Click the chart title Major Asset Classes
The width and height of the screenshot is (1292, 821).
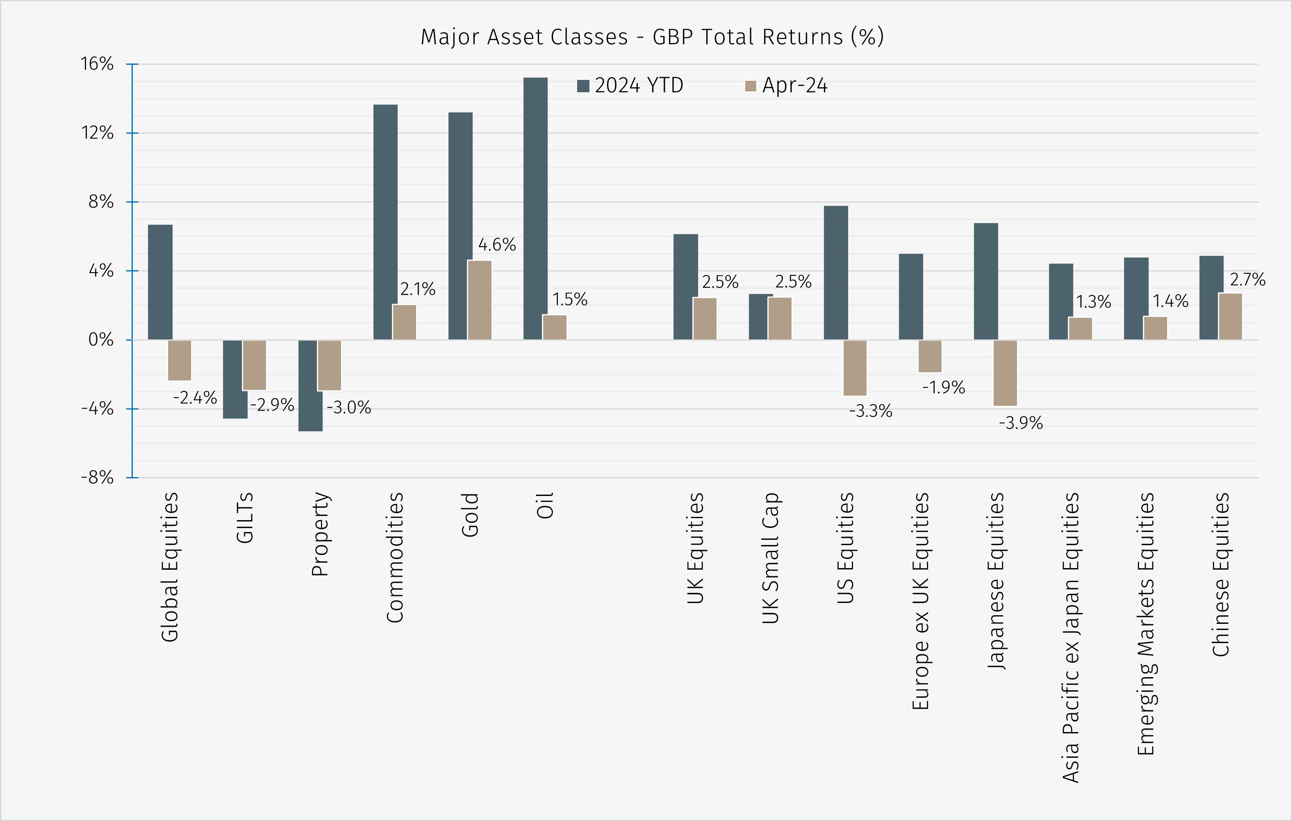coord(651,37)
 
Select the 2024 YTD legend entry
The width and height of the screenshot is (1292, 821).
coord(630,85)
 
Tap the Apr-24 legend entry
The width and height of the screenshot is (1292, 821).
coord(787,85)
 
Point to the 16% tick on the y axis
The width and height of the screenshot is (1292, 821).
coord(97,64)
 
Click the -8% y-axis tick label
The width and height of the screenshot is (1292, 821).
coord(97,477)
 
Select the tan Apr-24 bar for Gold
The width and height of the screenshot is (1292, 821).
coord(479,300)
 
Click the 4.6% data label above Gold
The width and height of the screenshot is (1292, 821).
coord(497,245)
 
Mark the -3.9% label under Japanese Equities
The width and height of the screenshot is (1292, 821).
coord(1021,423)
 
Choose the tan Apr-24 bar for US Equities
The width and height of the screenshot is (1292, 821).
coord(855,368)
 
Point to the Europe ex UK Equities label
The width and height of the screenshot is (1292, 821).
coord(920,601)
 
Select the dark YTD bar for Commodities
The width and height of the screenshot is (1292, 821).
coord(385,222)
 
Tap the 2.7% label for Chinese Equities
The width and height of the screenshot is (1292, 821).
coord(1247,280)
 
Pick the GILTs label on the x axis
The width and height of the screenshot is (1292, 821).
coord(245,518)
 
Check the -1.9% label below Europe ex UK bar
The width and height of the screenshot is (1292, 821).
coord(943,387)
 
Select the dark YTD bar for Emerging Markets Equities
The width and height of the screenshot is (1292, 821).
coord(1135,298)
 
